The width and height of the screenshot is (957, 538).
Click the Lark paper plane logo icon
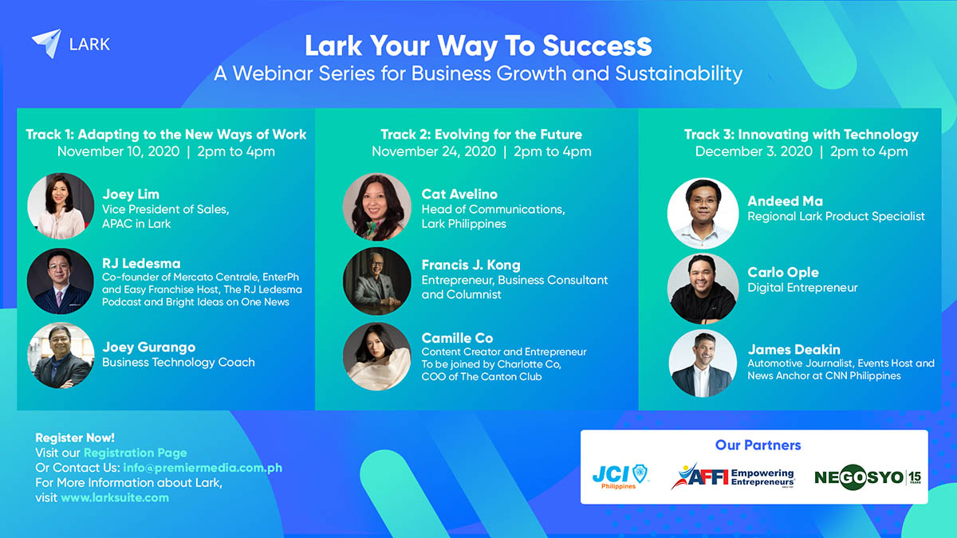[47, 43]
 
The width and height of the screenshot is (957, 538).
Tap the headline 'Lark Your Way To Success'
[478, 45]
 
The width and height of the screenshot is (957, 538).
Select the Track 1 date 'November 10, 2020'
[118, 151]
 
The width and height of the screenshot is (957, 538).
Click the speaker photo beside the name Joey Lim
[61, 206]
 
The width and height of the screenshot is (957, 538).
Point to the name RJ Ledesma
[141, 264]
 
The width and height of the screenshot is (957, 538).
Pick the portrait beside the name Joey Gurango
[61, 355]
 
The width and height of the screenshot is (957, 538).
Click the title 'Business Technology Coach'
[179, 362]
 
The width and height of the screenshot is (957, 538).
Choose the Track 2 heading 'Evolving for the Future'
[509, 135]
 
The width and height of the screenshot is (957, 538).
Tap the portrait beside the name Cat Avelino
[376, 206]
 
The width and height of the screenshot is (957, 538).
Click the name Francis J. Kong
[471, 265]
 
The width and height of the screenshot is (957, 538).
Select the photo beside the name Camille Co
[376, 356]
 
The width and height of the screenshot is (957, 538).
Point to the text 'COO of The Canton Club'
[482, 376]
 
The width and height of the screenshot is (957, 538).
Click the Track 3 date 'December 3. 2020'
[754, 151]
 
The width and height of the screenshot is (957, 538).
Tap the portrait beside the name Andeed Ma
[703, 213]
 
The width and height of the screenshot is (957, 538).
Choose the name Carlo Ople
[783, 273]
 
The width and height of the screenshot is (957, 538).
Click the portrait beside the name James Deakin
[703, 363]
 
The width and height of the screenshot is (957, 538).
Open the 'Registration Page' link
[136, 453]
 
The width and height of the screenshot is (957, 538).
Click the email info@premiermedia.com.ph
[203, 468]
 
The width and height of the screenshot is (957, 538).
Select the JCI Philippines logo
[620, 477]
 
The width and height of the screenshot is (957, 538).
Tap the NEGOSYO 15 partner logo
[868, 477]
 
